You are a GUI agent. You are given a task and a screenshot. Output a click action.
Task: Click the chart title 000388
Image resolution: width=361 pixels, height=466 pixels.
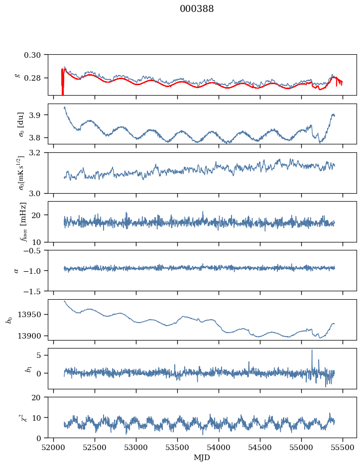tap(197, 9)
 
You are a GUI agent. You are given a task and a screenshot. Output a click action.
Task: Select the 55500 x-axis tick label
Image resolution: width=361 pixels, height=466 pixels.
tap(343, 447)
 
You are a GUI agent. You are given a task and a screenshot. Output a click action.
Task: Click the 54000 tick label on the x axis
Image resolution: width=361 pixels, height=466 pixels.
tap(219, 447)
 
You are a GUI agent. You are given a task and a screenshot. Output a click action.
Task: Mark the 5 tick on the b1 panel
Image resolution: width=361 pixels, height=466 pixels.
tap(43, 355)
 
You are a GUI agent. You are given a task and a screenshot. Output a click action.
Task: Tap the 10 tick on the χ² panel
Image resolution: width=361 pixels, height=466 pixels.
tap(41, 418)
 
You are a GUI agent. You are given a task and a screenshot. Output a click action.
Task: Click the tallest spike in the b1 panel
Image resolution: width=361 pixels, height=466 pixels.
tap(312, 350)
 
